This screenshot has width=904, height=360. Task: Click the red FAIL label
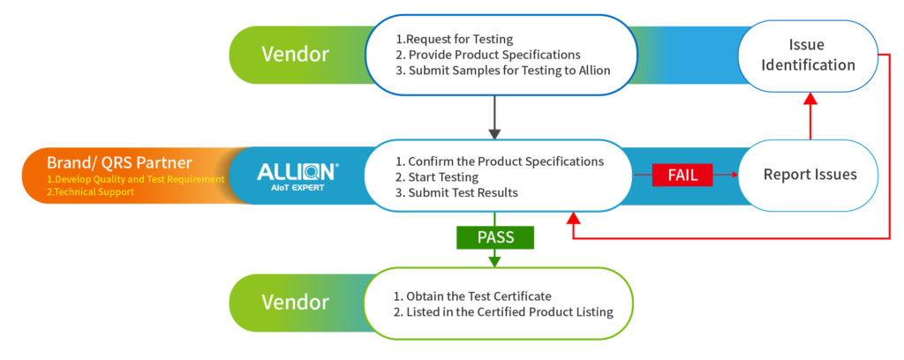click(682, 175)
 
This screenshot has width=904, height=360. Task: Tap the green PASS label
click(495, 236)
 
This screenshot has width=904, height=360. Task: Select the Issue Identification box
click(810, 55)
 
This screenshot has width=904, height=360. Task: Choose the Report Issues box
click(810, 175)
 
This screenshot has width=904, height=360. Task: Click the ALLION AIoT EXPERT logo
click(297, 175)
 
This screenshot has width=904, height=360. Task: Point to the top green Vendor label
click(295, 55)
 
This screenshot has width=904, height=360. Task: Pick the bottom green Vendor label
click(295, 303)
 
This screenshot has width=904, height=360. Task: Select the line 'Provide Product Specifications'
click(487, 54)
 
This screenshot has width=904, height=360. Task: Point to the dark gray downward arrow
click(494, 118)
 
